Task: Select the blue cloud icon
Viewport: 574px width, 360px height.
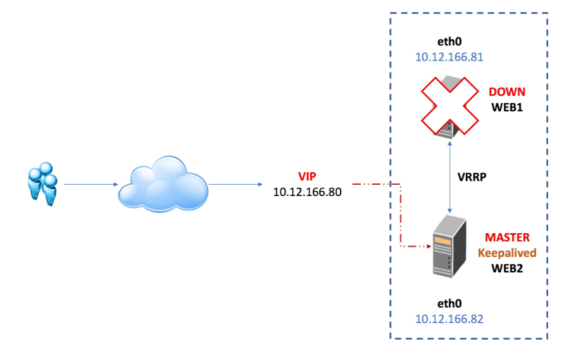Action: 163,183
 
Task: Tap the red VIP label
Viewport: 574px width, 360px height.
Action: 307,177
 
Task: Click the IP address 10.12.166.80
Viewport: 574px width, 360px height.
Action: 307,192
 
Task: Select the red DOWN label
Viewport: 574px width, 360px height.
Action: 507,92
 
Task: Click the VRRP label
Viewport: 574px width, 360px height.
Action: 475,180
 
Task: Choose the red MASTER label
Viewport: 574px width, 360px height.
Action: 508,238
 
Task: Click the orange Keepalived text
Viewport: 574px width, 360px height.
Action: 507,253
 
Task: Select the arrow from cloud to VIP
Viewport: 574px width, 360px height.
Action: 234,183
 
